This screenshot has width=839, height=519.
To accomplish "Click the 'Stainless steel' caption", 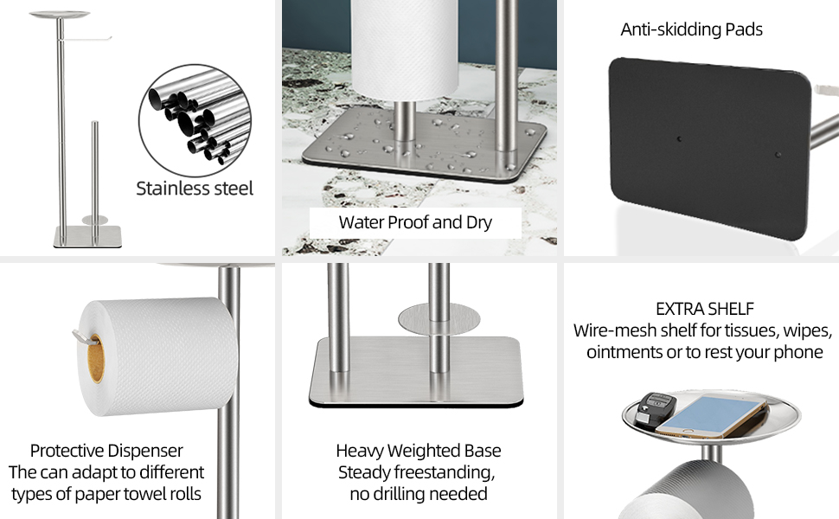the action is pyautogui.click(x=195, y=189).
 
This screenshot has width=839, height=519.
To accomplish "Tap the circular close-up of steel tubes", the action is pyautogui.click(x=195, y=120).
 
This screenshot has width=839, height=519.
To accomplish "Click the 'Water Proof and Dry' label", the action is pyautogui.click(x=415, y=222).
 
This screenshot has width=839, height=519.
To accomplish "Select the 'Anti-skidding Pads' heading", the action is pyautogui.click(x=691, y=29).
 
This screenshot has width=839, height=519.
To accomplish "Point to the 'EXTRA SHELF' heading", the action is pyautogui.click(x=705, y=309).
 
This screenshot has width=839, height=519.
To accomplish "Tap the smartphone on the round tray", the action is pyautogui.click(x=712, y=417).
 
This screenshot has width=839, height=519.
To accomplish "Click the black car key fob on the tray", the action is pyautogui.click(x=656, y=410).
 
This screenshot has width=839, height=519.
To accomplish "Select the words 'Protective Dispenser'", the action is pyautogui.click(x=106, y=451).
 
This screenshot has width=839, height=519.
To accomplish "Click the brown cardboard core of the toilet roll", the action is pyautogui.click(x=96, y=358).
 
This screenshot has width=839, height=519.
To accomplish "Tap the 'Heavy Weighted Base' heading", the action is pyautogui.click(x=419, y=451).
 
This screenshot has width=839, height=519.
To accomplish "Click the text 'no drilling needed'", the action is pyautogui.click(x=419, y=493).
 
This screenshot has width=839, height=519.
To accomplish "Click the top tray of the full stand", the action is pyautogui.click(x=60, y=15).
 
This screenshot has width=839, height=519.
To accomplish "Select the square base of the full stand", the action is pyautogui.click(x=87, y=236).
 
